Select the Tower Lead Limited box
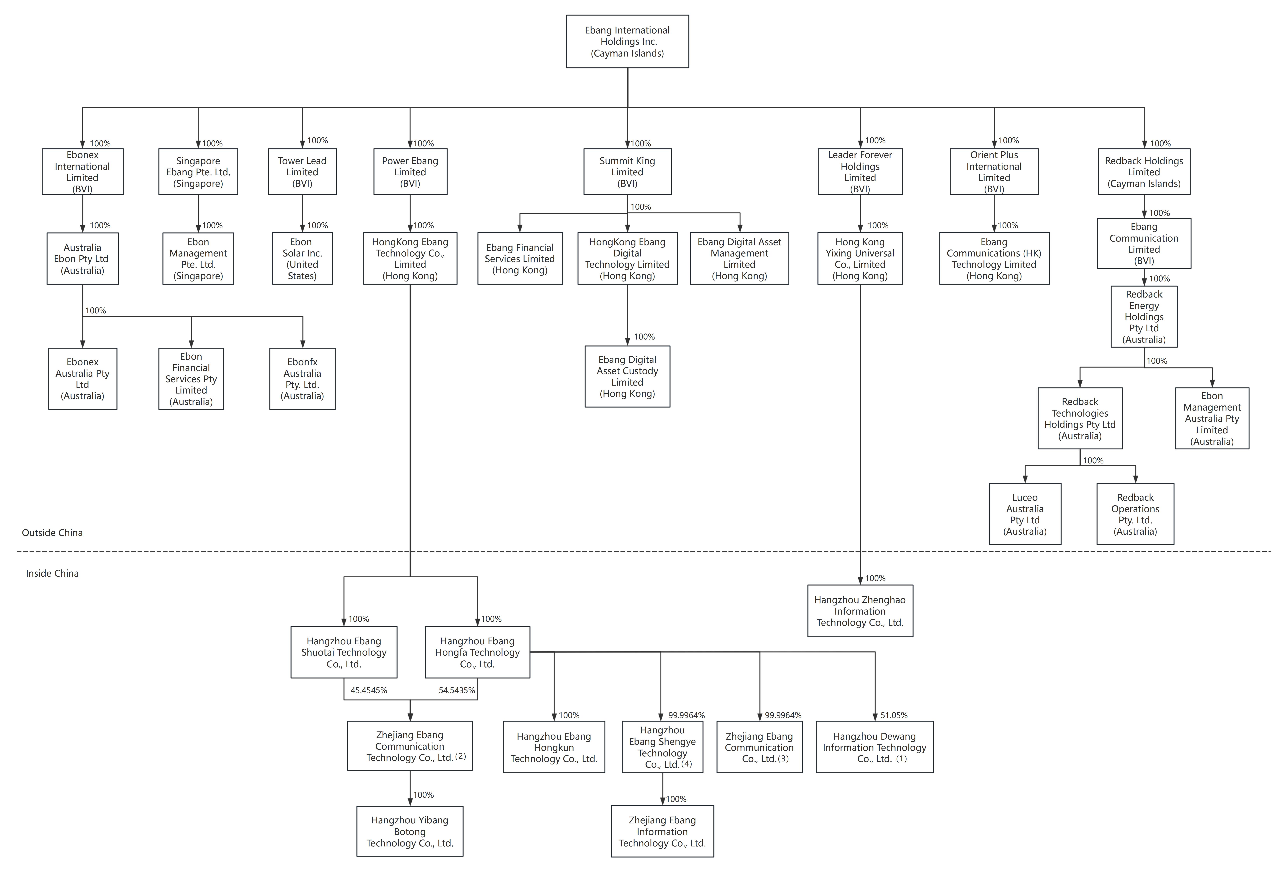tap(302, 171)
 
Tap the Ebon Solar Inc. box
tap(302, 258)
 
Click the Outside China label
tap(52, 532)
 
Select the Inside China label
tap(52, 573)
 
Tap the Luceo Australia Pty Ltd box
tap(1025, 514)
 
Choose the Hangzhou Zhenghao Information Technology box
tap(860, 611)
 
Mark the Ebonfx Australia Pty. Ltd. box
tap(302, 378)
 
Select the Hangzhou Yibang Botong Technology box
tap(409, 831)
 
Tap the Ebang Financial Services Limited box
tap(520, 258)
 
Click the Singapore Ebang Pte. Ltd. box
tap(198, 171)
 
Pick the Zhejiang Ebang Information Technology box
tap(662, 831)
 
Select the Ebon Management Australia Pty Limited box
tap(1212, 418)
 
